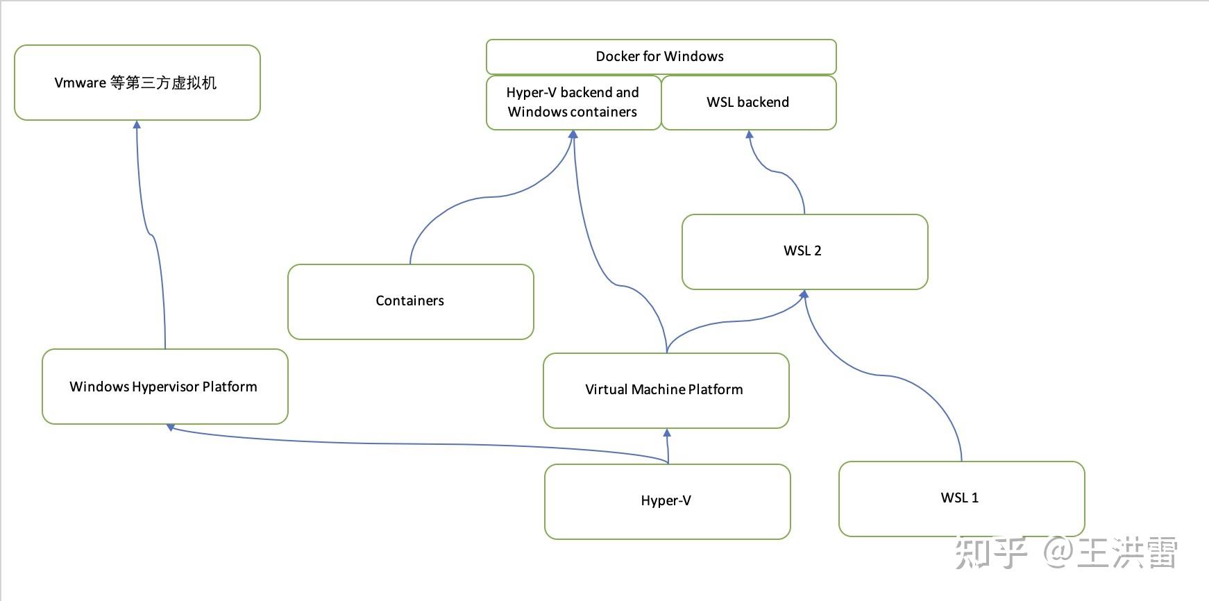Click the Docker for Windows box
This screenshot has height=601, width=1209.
(x=661, y=57)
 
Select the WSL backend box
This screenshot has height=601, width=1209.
(x=748, y=103)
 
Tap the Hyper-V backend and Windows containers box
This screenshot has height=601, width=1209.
(x=573, y=103)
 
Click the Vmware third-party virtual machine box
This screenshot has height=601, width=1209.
(x=137, y=83)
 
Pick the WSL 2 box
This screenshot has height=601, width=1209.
(x=804, y=251)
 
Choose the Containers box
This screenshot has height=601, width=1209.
(x=410, y=301)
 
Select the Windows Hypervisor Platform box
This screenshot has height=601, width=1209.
(x=164, y=387)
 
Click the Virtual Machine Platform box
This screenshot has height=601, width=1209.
(x=665, y=390)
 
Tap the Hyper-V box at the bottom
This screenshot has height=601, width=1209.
(x=666, y=501)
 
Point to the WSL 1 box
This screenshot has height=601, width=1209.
(x=961, y=498)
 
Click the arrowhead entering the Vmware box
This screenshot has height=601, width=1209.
(x=137, y=125)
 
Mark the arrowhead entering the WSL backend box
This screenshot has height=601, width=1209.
(x=749, y=135)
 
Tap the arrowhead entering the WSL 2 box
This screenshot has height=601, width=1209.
(x=804, y=294)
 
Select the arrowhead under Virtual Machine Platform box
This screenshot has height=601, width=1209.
(x=667, y=432)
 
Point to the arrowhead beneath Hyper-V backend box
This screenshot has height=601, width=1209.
(x=573, y=135)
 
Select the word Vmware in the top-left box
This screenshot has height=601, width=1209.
(x=80, y=83)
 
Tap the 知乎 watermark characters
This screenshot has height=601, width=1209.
(x=990, y=554)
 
